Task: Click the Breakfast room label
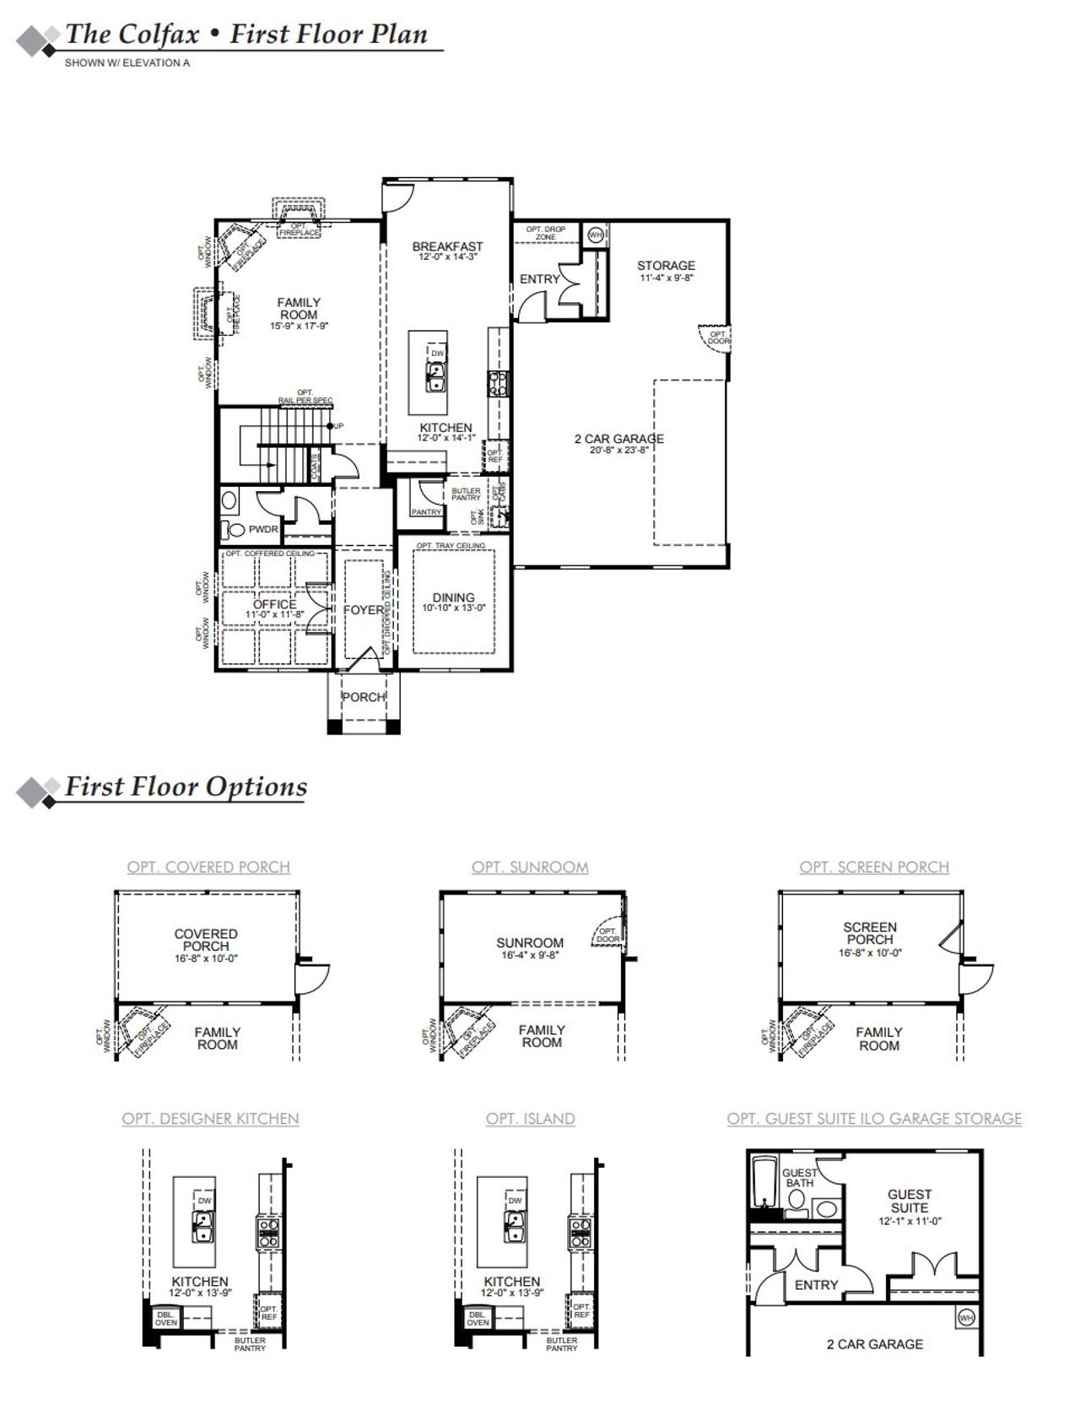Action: pos(447,246)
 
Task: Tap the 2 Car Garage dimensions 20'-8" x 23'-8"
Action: pos(619,451)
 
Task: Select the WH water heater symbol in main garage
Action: pos(596,235)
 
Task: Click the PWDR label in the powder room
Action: pos(263,530)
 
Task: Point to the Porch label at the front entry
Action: pos(364,697)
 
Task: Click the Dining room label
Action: pos(454,597)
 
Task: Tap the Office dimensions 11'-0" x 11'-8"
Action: pos(275,615)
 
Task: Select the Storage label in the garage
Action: pos(666,265)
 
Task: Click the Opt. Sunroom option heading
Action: pos(530,867)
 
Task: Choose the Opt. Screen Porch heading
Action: pos(874,867)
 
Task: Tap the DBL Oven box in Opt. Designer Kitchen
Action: pos(166,1318)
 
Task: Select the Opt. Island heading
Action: pos(530,1119)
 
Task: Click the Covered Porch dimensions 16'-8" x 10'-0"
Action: pos(206,959)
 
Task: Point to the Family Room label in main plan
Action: pos(299,308)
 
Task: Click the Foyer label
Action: pos(363,610)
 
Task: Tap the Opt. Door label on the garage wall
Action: pos(717,338)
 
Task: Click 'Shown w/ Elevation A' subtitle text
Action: pos(127,62)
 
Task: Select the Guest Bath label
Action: pos(799,1178)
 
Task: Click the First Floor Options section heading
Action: pos(186,787)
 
